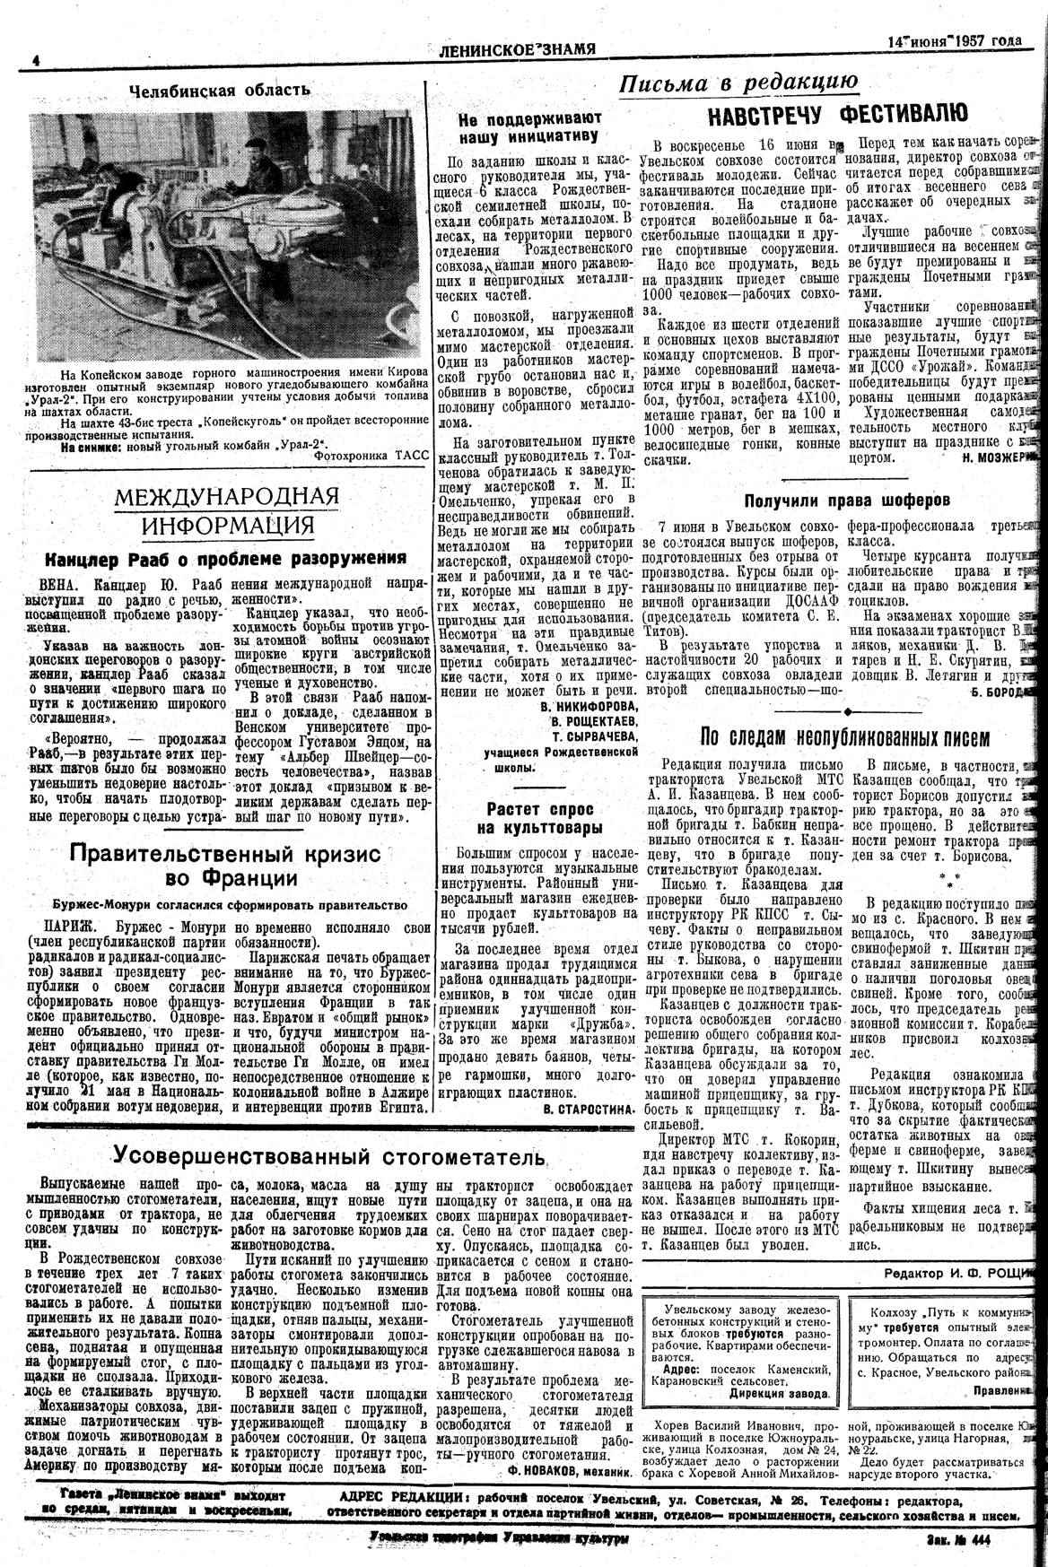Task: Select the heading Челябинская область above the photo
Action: pos(220,91)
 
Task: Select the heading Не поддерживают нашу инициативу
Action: pos(528,127)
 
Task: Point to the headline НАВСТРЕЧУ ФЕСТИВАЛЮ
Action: pos(837,115)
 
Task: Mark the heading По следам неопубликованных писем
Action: pos(844,738)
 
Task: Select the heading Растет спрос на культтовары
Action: pos(534,817)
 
